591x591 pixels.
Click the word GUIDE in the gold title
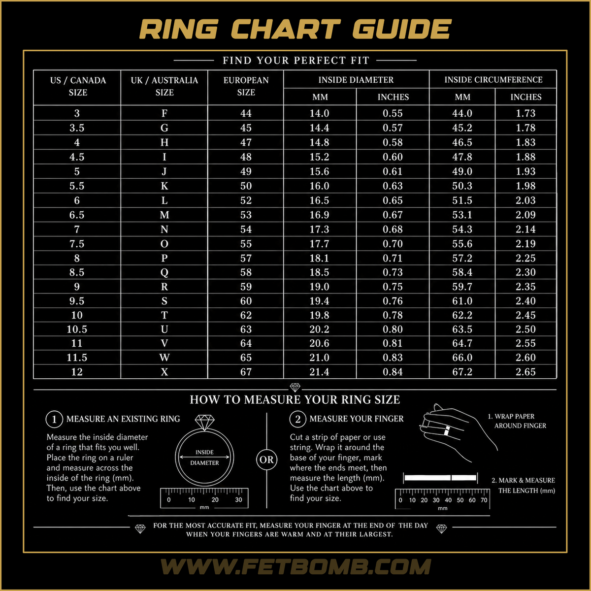[402, 29]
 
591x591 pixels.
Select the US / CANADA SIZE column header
[78, 86]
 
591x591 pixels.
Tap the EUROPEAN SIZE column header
[246, 86]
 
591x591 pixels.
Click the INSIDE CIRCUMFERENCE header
[493, 80]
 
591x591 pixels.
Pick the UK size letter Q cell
[164, 272]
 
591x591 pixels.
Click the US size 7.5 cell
[77, 244]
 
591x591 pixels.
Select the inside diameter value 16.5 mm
[319, 200]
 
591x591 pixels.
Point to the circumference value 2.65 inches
[525, 372]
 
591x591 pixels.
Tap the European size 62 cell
[246, 315]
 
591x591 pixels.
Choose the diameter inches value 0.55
[393, 113]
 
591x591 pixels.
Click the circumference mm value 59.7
[462, 287]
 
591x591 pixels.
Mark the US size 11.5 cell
[77, 357]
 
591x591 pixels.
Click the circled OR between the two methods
[266, 460]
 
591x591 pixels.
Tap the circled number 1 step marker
[54, 419]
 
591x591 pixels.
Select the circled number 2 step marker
[297, 419]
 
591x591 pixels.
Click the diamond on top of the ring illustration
[204, 422]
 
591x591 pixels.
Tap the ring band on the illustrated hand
[447, 430]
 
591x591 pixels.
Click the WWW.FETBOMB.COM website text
[295, 567]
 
